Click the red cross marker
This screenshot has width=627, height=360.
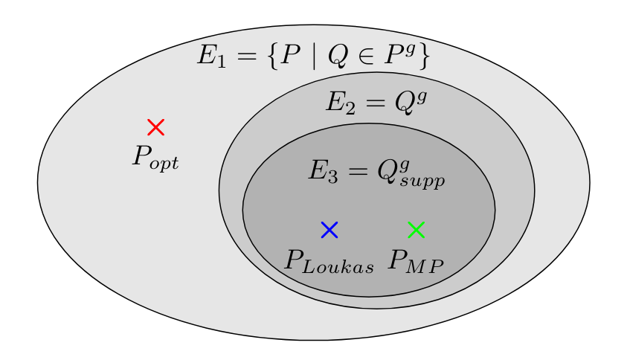tap(155, 127)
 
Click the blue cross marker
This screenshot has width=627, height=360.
tap(329, 230)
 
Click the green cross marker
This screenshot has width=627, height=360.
tap(417, 230)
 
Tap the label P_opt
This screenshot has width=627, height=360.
tap(155, 158)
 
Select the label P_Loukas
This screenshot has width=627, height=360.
tap(329, 262)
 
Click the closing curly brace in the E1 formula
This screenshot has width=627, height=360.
tap(424, 57)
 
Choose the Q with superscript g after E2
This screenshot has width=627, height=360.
tap(408, 101)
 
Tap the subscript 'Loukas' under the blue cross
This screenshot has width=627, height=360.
tap(340, 268)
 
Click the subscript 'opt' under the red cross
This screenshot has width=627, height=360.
tap(164, 163)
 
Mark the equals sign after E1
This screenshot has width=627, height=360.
tap(242, 57)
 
